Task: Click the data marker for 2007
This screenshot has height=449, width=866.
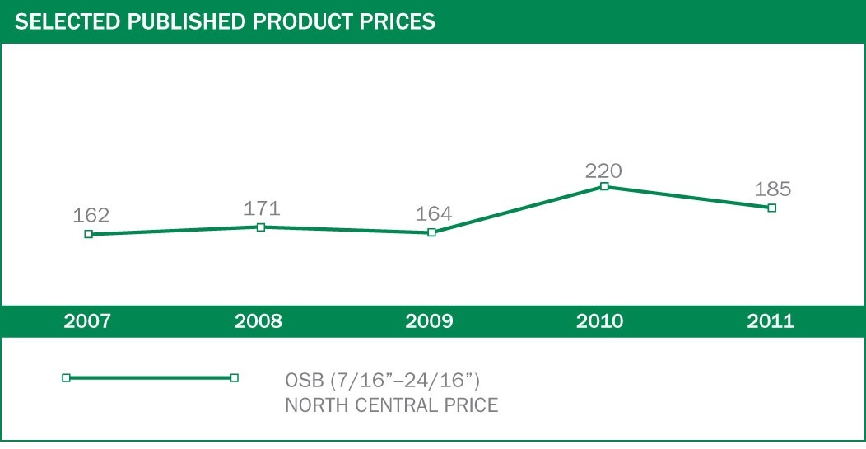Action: click(88, 234)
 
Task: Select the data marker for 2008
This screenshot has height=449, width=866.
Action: click(261, 227)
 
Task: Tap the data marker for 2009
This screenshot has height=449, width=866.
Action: click(432, 232)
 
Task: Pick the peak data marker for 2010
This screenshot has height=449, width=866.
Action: click(604, 186)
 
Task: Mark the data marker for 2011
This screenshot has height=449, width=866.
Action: click(771, 208)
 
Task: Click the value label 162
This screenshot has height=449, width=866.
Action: click(91, 216)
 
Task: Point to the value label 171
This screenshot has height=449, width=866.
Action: click(263, 208)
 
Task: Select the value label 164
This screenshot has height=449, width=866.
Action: click(434, 214)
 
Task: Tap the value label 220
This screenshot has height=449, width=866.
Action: click(603, 171)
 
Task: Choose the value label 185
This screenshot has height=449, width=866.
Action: click(773, 189)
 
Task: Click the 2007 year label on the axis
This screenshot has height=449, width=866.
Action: click(87, 321)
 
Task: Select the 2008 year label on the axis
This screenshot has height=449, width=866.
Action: click(258, 321)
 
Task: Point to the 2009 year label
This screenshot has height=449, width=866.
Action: click(429, 321)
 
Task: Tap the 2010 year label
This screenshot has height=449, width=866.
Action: click(600, 321)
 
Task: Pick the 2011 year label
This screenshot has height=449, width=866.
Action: click(771, 321)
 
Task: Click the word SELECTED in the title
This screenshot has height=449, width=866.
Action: click(67, 21)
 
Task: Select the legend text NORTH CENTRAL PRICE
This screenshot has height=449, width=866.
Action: click(391, 405)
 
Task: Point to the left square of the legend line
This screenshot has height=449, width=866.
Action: click(66, 377)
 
